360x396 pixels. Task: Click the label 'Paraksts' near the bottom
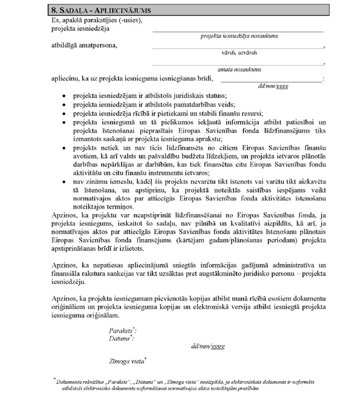pos(122,330)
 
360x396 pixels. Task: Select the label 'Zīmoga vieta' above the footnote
pos(127,360)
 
